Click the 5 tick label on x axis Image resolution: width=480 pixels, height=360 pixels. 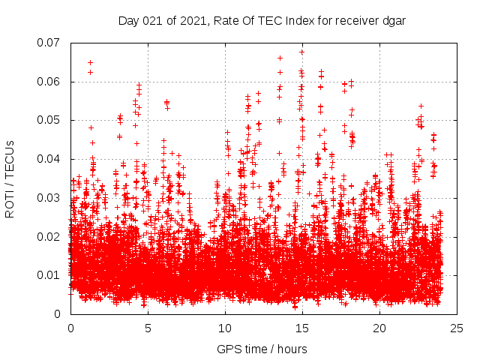(x=148, y=328)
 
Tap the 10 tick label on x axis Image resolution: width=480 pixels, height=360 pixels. (x=225, y=328)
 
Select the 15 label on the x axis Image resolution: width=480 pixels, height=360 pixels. (x=302, y=328)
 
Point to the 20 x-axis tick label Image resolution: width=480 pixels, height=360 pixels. (x=379, y=328)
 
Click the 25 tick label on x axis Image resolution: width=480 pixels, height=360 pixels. (x=457, y=328)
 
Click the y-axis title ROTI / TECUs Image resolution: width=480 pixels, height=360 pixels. (x=10, y=178)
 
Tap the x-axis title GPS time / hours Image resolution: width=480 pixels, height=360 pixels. (x=262, y=349)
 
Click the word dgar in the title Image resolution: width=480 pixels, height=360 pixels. (x=394, y=20)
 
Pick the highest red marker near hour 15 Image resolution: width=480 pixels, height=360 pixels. (x=301, y=52)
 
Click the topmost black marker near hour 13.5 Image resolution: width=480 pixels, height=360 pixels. (x=280, y=58)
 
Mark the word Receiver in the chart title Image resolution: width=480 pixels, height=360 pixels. (x=353, y=20)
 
